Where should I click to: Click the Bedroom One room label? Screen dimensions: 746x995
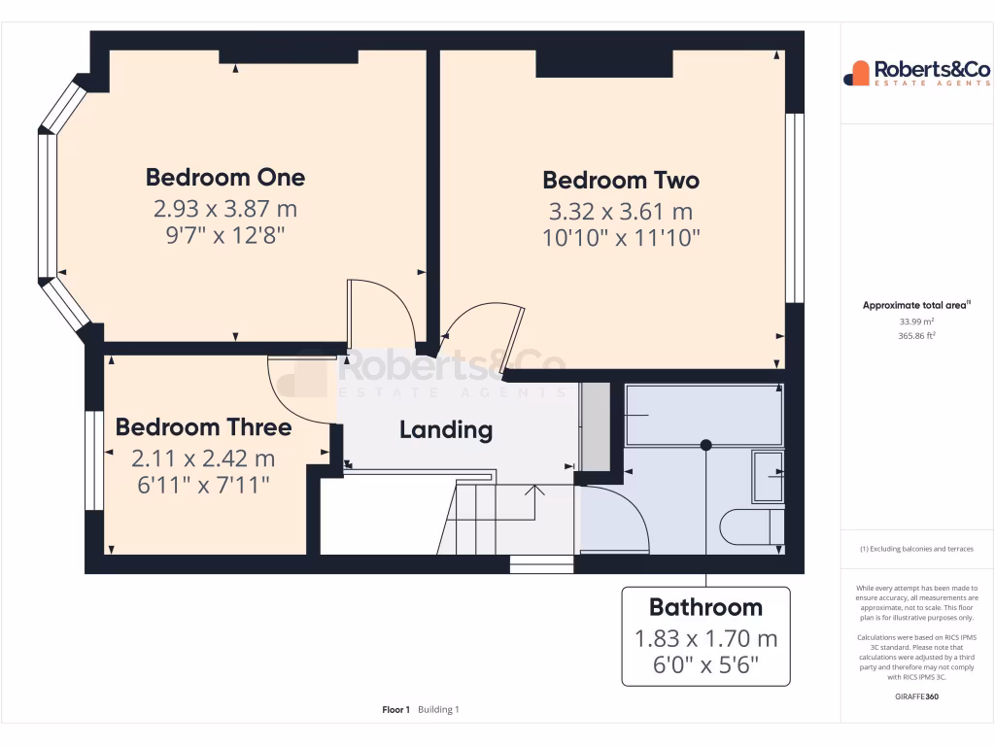click(x=224, y=177)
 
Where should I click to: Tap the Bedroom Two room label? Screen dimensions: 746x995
click(x=620, y=180)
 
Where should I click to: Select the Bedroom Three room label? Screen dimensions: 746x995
click(x=203, y=427)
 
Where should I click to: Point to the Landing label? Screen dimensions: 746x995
click(x=446, y=429)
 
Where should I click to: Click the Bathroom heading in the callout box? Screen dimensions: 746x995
click(x=705, y=607)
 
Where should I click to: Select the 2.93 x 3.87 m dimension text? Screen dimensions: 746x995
click(x=224, y=208)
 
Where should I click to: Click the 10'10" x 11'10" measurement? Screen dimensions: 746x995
click(x=621, y=237)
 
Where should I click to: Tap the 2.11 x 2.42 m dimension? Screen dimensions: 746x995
click(x=203, y=458)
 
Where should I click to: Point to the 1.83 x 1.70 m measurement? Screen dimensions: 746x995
click(x=705, y=638)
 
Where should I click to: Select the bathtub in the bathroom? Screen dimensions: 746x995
click(x=703, y=415)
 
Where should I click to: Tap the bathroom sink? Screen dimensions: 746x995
click(x=768, y=476)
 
